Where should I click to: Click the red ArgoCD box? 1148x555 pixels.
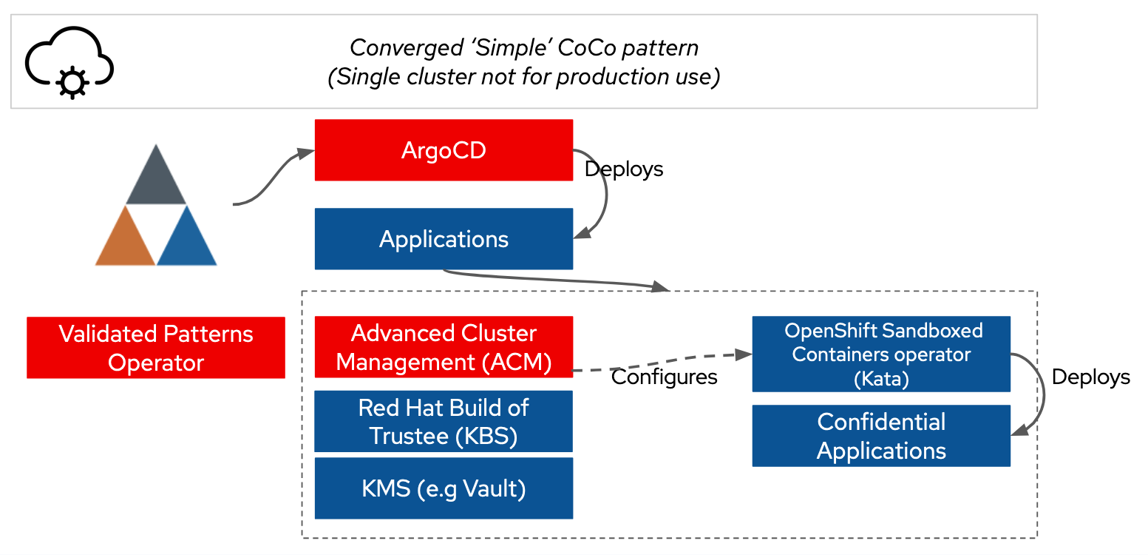[x=444, y=150]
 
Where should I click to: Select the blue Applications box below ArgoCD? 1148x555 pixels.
[x=444, y=239]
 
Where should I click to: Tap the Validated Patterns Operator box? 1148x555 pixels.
[x=156, y=348]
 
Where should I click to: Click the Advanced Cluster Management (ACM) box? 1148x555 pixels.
[x=444, y=348]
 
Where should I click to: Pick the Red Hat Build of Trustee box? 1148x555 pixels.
[x=444, y=421]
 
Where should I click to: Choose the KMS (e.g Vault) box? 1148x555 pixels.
[x=444, y=488]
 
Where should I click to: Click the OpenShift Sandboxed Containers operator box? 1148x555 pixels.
[x=881, y=354]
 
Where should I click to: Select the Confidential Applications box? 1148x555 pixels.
[x=881, y=436]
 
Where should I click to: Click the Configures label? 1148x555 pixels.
[x=665, y=377]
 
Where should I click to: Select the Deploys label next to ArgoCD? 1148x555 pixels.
[x=624, y=169]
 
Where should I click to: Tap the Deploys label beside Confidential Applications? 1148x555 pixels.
[x=1090, y=377]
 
